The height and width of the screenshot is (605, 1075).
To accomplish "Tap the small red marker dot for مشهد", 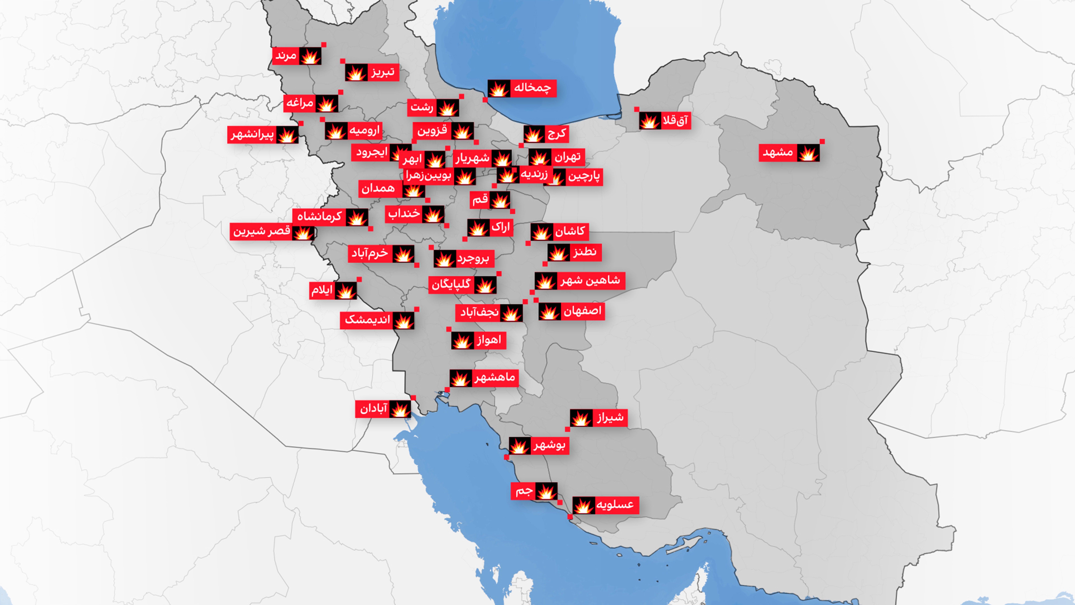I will [x=822, y=142].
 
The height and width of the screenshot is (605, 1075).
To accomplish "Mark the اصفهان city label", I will [x=582, y=311].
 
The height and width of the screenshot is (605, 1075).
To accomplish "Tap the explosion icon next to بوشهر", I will [x=519, y=446].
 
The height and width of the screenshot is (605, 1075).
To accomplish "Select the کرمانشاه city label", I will [x=319, y=217].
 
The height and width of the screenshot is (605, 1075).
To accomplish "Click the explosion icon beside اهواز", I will [x=462, y=341].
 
